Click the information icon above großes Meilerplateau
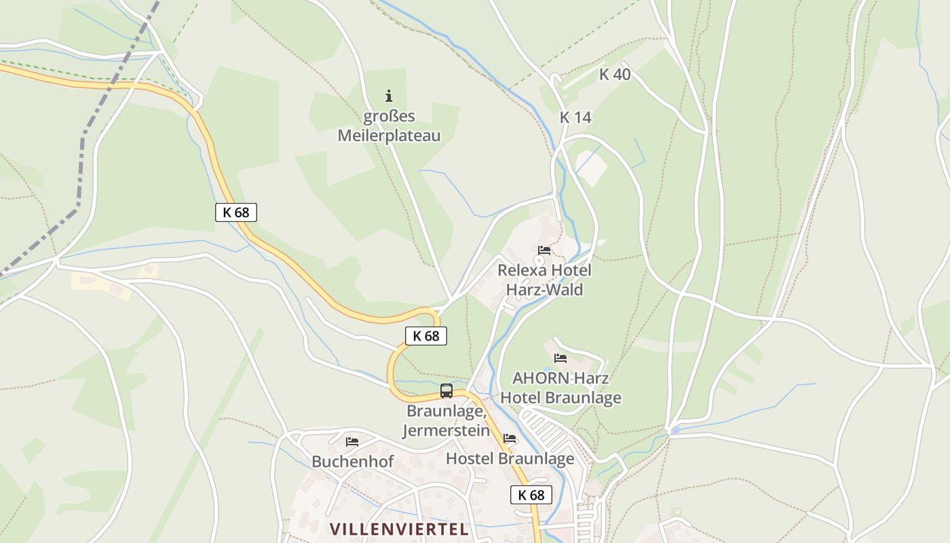(389, 96)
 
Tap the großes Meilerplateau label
(389, 126)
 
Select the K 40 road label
(615, 75)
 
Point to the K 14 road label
(575, 117)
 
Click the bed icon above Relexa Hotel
(544, 250)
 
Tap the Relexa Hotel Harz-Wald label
(544, 280)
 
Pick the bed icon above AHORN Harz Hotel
(560, 358)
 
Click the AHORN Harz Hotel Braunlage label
(560, 388)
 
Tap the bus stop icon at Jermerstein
(446, 391)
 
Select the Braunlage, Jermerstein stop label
(447, 421)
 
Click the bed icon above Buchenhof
(352, 442)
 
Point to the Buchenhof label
(352, 462)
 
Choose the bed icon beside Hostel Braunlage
(510, 438)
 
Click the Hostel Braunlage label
(510, 459)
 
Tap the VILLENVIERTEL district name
(399, 529)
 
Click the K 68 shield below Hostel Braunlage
(531, 495)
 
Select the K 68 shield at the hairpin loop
(426, 335)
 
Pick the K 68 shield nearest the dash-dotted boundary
(236, 212)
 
